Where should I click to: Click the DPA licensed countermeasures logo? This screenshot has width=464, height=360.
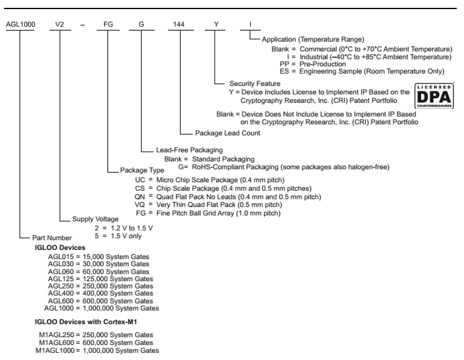click(x=434, y=96)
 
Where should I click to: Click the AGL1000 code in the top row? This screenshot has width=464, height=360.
click(x=20, y=24)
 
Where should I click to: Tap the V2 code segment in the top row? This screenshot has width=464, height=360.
click(x=60, y=24)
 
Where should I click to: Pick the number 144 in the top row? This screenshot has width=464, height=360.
click(x=178, y=24)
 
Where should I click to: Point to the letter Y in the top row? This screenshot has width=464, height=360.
click(x=217, y=24)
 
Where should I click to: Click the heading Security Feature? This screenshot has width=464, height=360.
click(x=254, y=84)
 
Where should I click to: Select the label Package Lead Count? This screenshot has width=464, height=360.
click(x=227, y=133)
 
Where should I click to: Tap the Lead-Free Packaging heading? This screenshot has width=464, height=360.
click(x=189, y=150)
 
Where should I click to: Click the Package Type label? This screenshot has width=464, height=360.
click(x=142, y=170)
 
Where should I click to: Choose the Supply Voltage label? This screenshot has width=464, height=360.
click(x=95, y=219)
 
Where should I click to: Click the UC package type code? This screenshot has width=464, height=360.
click(x=140, y=180)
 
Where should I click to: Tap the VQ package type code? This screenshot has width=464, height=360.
click(x=140, y=204)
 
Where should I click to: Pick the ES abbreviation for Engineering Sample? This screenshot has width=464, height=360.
click(x=284, y=71)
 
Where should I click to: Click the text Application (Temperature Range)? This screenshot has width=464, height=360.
click(x=313, y=40)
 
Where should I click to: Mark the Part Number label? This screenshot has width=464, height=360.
click(x=52, y=238)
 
